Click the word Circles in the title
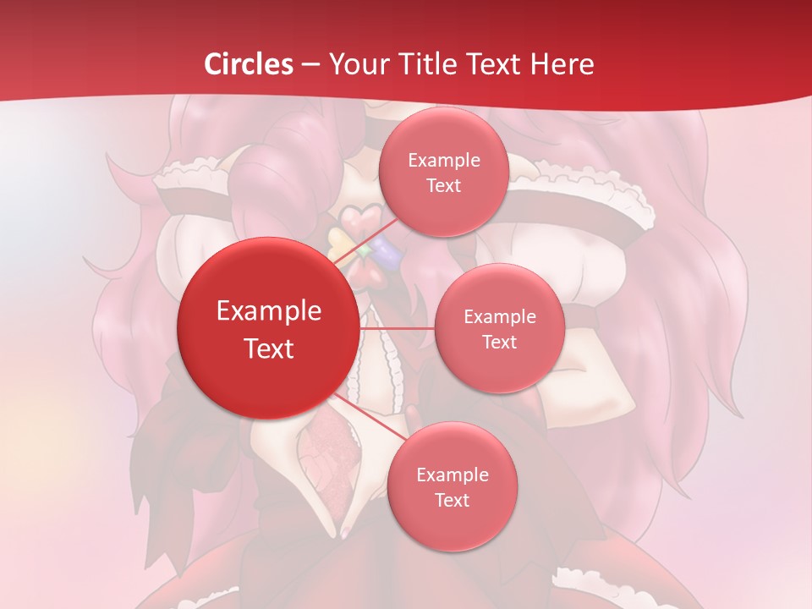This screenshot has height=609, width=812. pos(248,64)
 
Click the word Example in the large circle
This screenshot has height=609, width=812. pos(269,311)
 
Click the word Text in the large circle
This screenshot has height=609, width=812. pos(269,348)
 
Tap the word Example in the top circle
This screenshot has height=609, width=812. pos(443,161)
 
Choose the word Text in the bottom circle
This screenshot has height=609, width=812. pos(452,500)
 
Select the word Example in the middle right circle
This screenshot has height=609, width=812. pos(499,317)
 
